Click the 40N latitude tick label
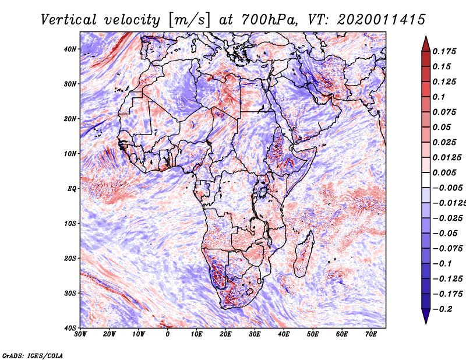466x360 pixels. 70,49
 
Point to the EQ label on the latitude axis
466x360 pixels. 72,189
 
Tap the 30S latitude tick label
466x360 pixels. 70,294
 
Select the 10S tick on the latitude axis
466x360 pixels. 70,224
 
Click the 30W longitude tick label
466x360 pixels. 80,334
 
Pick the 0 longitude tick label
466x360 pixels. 168,334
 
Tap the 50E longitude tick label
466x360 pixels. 313,334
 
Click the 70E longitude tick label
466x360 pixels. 370,334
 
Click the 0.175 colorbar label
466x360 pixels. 444,51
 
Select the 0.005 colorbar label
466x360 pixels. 444,172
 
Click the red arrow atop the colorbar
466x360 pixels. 426,45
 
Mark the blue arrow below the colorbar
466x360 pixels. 426,315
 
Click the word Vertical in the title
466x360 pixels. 69,20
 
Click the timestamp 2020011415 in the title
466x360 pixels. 382,20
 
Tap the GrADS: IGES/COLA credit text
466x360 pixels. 33,356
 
